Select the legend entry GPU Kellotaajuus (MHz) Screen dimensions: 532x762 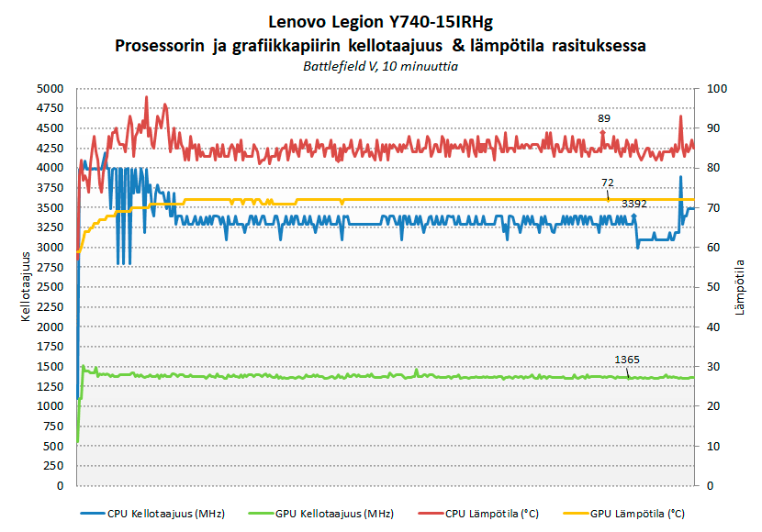(x=326, y=514)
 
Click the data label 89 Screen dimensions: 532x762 (x=603, y=118)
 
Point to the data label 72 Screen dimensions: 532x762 (x=608, y=183)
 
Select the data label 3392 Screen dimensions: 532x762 (x=634, y=204)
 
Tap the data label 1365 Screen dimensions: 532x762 (x=627, y=359)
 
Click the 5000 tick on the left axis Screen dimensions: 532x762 (x=50, y=89)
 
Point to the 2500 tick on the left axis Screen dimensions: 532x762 (x=50, y=287)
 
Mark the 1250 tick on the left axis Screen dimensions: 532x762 (x=50, y=386)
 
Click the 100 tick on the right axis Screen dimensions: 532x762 (x=716, y=89)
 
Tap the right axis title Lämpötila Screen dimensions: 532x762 (x=740, y=287)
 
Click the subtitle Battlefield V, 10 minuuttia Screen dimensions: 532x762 (x=381, y=66)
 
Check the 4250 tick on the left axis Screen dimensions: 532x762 (x=50, y=149)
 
